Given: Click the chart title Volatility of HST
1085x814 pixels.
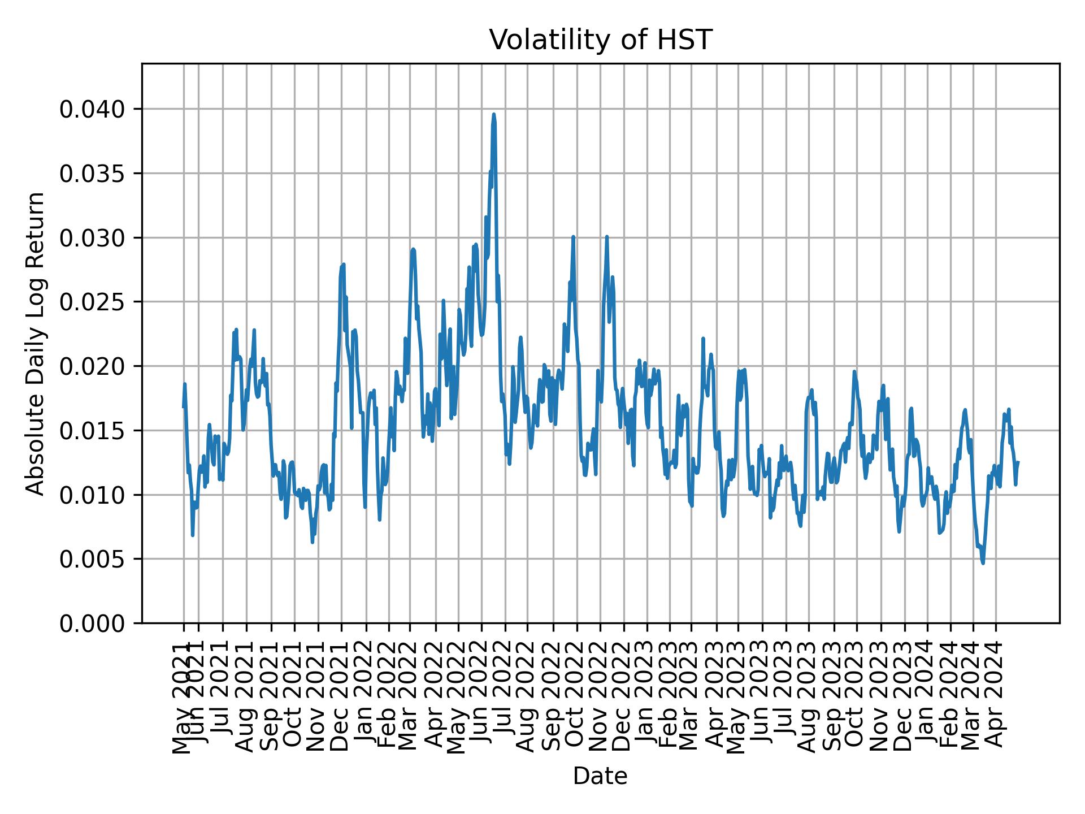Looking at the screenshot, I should (600, 40).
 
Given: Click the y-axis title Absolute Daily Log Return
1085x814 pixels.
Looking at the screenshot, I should (36, 343).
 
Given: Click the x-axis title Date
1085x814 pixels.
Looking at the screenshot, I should (600, 776).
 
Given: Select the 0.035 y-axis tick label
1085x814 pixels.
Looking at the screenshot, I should (92, 173).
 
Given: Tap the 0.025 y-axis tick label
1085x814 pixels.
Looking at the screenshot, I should (92, 302).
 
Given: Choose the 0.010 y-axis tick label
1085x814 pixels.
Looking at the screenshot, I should (92, 495).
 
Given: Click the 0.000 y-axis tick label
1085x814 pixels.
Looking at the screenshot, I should (92, 624).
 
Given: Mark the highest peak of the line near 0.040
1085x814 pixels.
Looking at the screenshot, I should (494, 114).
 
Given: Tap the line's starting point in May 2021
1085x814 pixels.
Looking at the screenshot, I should (183, 406).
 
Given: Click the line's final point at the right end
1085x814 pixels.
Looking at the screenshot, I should (1018, 462).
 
